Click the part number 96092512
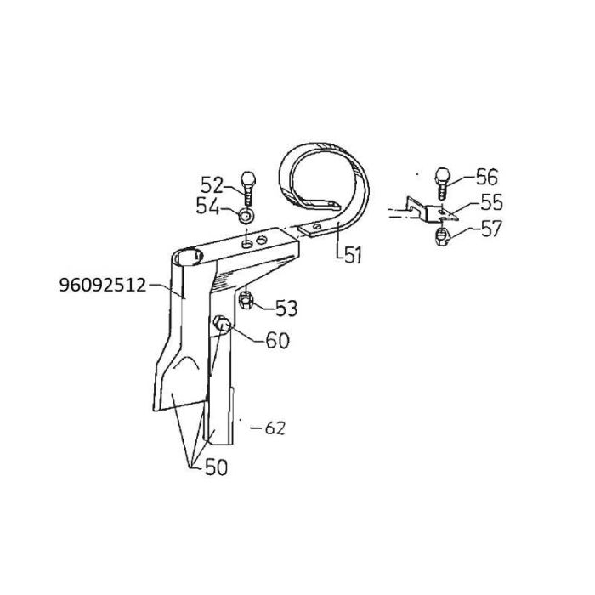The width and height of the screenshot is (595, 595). pyautogui.click(x=103, y=285)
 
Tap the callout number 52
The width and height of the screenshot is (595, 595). pyautogui.click(x=212, y=185)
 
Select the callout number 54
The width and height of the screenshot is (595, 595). pyautogui.click(x=208, y=207)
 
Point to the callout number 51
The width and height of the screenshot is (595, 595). pyautogui.click(x=353, y=254)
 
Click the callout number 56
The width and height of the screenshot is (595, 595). pyautogui.click(x=486, y=177)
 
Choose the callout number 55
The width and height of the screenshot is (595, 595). pyautogui.click(x=492, y=202)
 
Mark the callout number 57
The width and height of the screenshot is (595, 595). pyautogui.click(x=492, y=229)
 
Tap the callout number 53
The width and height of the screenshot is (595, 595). pyautogui.click(x=286, y=308)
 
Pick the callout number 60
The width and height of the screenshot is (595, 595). pyautogui.click(x=277, y=340)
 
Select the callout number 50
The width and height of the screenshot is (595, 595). pyautogui.click(x=216, y=467)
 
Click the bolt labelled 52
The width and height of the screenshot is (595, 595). pyautogui.click(x=248, y=188)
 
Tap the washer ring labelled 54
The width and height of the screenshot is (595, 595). pyautogui.click(x=246, y=217)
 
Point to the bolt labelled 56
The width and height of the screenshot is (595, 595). pyautogui.click(x=443, y=184)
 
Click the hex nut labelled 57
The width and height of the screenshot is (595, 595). pyautogui.click(x=442, y=237)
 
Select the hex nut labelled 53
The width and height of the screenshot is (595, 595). pyautogui.click(x=246, y=300)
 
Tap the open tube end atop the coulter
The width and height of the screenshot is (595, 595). pyautogui.click(x=188, y=258)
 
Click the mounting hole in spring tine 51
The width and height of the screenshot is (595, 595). pyautogui.click(x=317, y=227)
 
